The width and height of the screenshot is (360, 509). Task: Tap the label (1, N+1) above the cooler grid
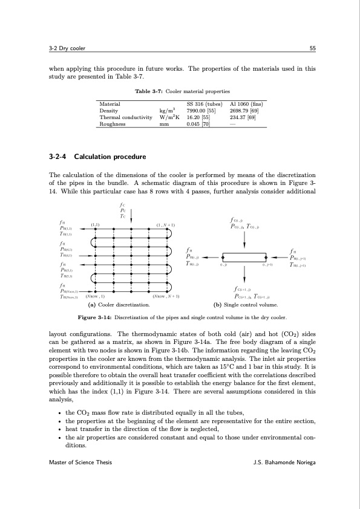pos(165,225)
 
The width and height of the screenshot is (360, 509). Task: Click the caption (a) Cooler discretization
pos(120,305)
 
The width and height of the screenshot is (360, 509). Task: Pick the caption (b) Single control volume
pos(244,305)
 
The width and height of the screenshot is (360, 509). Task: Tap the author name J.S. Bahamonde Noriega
pos(284,462)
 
